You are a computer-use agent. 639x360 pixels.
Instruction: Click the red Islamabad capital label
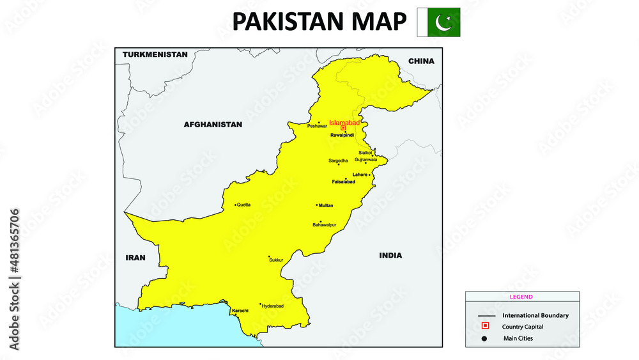point(344,122)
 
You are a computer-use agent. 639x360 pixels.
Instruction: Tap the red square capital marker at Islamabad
point(343,128)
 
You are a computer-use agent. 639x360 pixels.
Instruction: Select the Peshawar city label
point(317,126)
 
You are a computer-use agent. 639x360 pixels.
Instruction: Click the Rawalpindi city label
point(342,135)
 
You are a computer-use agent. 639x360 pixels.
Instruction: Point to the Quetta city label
point(243,205)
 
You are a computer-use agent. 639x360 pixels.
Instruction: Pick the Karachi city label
point(240,310)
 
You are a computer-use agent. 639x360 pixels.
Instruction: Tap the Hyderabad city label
point(273,306)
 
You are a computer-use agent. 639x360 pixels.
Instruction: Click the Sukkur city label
point(275,261)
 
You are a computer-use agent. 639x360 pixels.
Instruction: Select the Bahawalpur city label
point(324,225)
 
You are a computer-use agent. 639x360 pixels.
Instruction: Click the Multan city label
point(326,205)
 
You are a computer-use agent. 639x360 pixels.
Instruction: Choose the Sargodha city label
point(338,160)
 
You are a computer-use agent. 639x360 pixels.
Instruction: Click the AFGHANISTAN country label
point(213,125)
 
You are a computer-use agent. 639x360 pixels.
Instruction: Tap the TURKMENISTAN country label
point(155,54)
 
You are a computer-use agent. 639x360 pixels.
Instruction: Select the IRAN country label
point(135,258)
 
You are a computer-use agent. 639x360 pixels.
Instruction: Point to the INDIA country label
point(390,255)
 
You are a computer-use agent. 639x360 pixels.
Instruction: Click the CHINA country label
point(421,61)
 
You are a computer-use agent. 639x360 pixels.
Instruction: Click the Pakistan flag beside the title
point(438,22)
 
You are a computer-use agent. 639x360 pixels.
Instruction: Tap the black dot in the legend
point(485,338)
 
